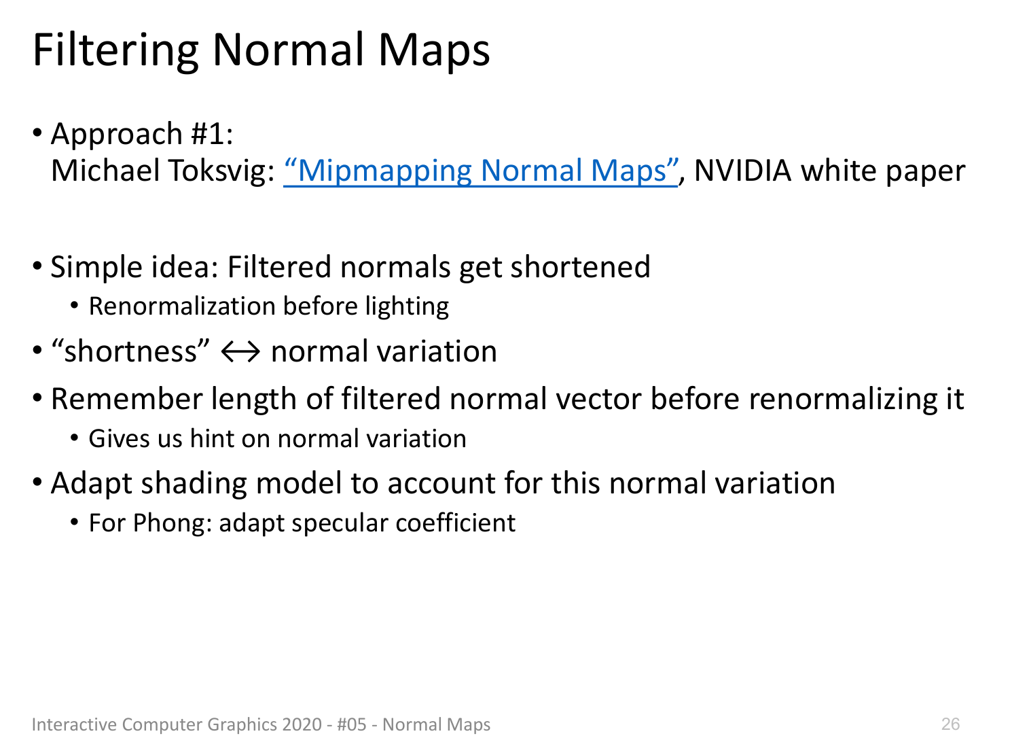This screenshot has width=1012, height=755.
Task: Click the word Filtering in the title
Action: click(x=115, y=51)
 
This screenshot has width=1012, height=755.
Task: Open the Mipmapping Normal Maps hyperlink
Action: click(x=481, y=171)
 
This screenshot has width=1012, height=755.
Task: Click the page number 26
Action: click(x=950, y=724)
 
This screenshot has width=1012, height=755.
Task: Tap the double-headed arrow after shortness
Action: click(x=240, y=352)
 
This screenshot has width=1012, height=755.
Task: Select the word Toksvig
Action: click(x=221, y=171)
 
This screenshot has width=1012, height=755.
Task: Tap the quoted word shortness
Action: click(x=130, y=351)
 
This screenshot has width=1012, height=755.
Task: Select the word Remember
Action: click(x=127, y=398)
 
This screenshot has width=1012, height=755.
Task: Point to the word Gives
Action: click(x=119, y=438)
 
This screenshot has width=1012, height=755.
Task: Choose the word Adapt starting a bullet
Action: click(x=92, y=484)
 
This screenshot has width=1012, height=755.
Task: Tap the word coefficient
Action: click(x=456, y=523)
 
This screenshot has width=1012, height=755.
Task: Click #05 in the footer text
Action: click(x=351, y=724)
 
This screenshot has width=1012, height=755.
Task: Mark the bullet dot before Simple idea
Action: click(x=37, y=266)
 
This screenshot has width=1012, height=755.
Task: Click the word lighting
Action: click(x=407, y=307)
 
